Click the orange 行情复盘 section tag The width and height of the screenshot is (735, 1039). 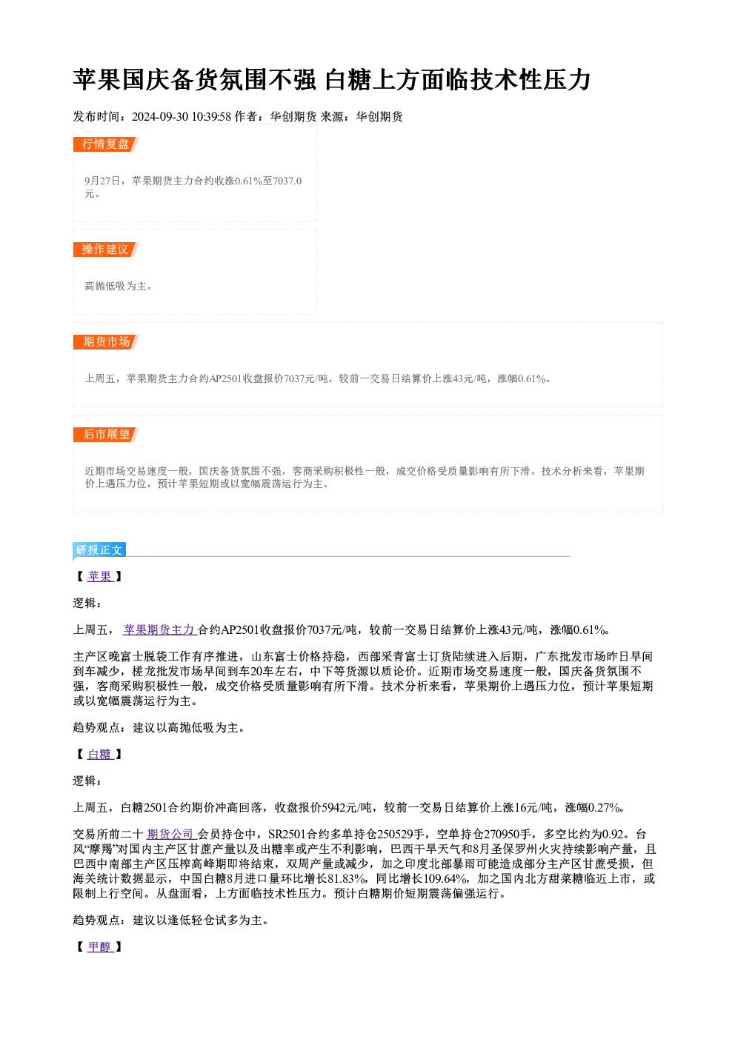pos(105,144)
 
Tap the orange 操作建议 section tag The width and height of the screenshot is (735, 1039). pos(105,250)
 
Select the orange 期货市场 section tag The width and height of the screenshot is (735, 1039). pos(106,342)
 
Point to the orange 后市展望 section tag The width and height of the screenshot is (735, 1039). pos(106,435)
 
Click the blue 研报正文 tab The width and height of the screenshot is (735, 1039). pos(99,550)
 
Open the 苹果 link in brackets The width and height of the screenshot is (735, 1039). pos(100,576)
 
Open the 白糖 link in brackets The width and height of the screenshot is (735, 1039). pos(100,754)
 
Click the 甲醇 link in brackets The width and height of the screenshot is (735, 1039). pos(100,946)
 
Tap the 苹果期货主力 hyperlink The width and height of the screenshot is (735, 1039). pos(159,629)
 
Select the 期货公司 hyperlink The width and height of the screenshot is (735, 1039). pos(170,834)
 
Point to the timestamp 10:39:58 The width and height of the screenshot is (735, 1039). pos(211,117)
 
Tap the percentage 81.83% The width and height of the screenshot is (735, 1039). pos(346,878)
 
